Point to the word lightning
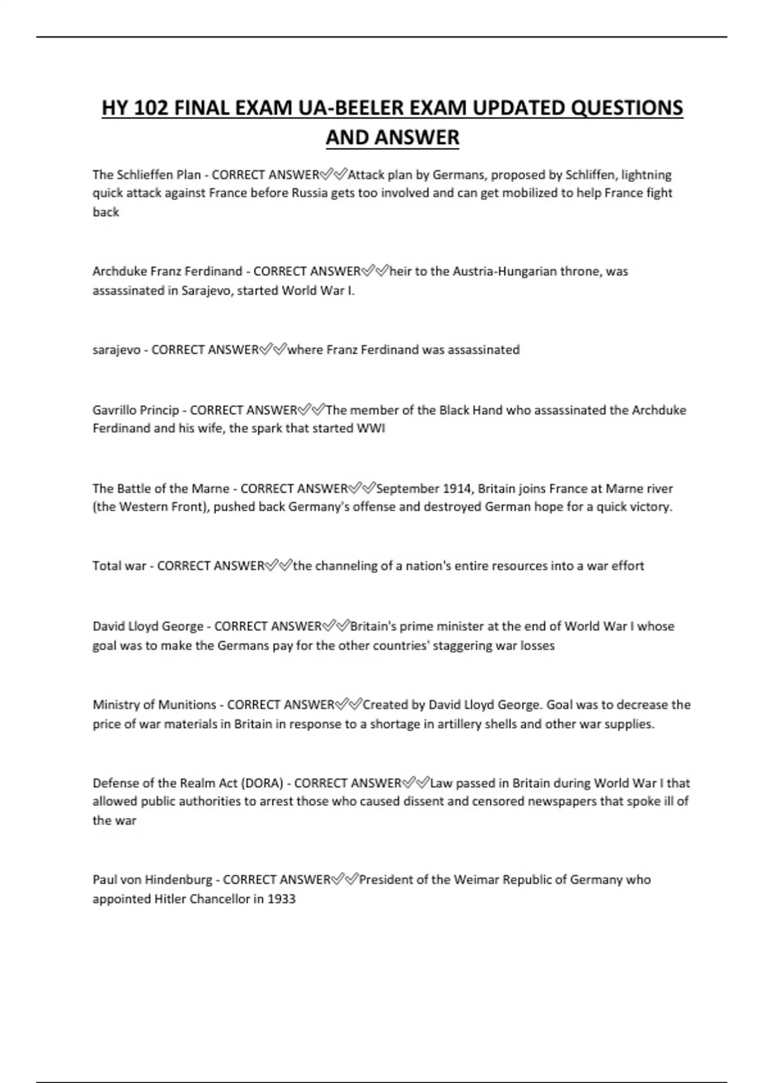pos(646,175)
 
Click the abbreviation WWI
pos(372,429)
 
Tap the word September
pos(407,489)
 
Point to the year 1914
pos(457,489)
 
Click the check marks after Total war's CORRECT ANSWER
pos(279,566)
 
